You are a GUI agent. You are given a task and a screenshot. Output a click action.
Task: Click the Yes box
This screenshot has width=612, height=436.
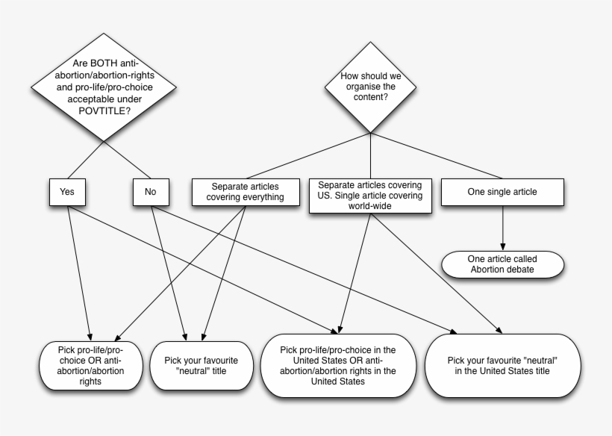67,192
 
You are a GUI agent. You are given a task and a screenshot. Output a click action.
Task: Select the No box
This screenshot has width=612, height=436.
151,192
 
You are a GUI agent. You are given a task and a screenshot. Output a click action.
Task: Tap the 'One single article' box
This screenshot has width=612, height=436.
502,192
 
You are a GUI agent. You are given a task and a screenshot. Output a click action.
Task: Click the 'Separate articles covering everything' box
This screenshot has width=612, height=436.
247,192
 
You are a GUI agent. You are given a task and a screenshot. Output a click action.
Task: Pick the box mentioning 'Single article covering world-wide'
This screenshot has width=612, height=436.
369,195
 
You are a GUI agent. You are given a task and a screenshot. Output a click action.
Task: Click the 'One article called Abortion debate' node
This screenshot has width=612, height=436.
502,264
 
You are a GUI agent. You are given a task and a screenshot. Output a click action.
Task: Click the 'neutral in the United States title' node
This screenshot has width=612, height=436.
502,367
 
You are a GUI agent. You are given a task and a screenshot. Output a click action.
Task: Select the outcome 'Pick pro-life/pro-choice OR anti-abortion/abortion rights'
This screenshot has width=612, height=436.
90,365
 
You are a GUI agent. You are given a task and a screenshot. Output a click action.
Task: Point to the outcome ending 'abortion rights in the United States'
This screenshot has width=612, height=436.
337,365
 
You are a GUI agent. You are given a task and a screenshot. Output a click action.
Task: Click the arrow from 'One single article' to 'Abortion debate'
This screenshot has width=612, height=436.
502,227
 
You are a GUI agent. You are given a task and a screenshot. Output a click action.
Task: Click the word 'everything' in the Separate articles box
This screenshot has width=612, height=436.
260,197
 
